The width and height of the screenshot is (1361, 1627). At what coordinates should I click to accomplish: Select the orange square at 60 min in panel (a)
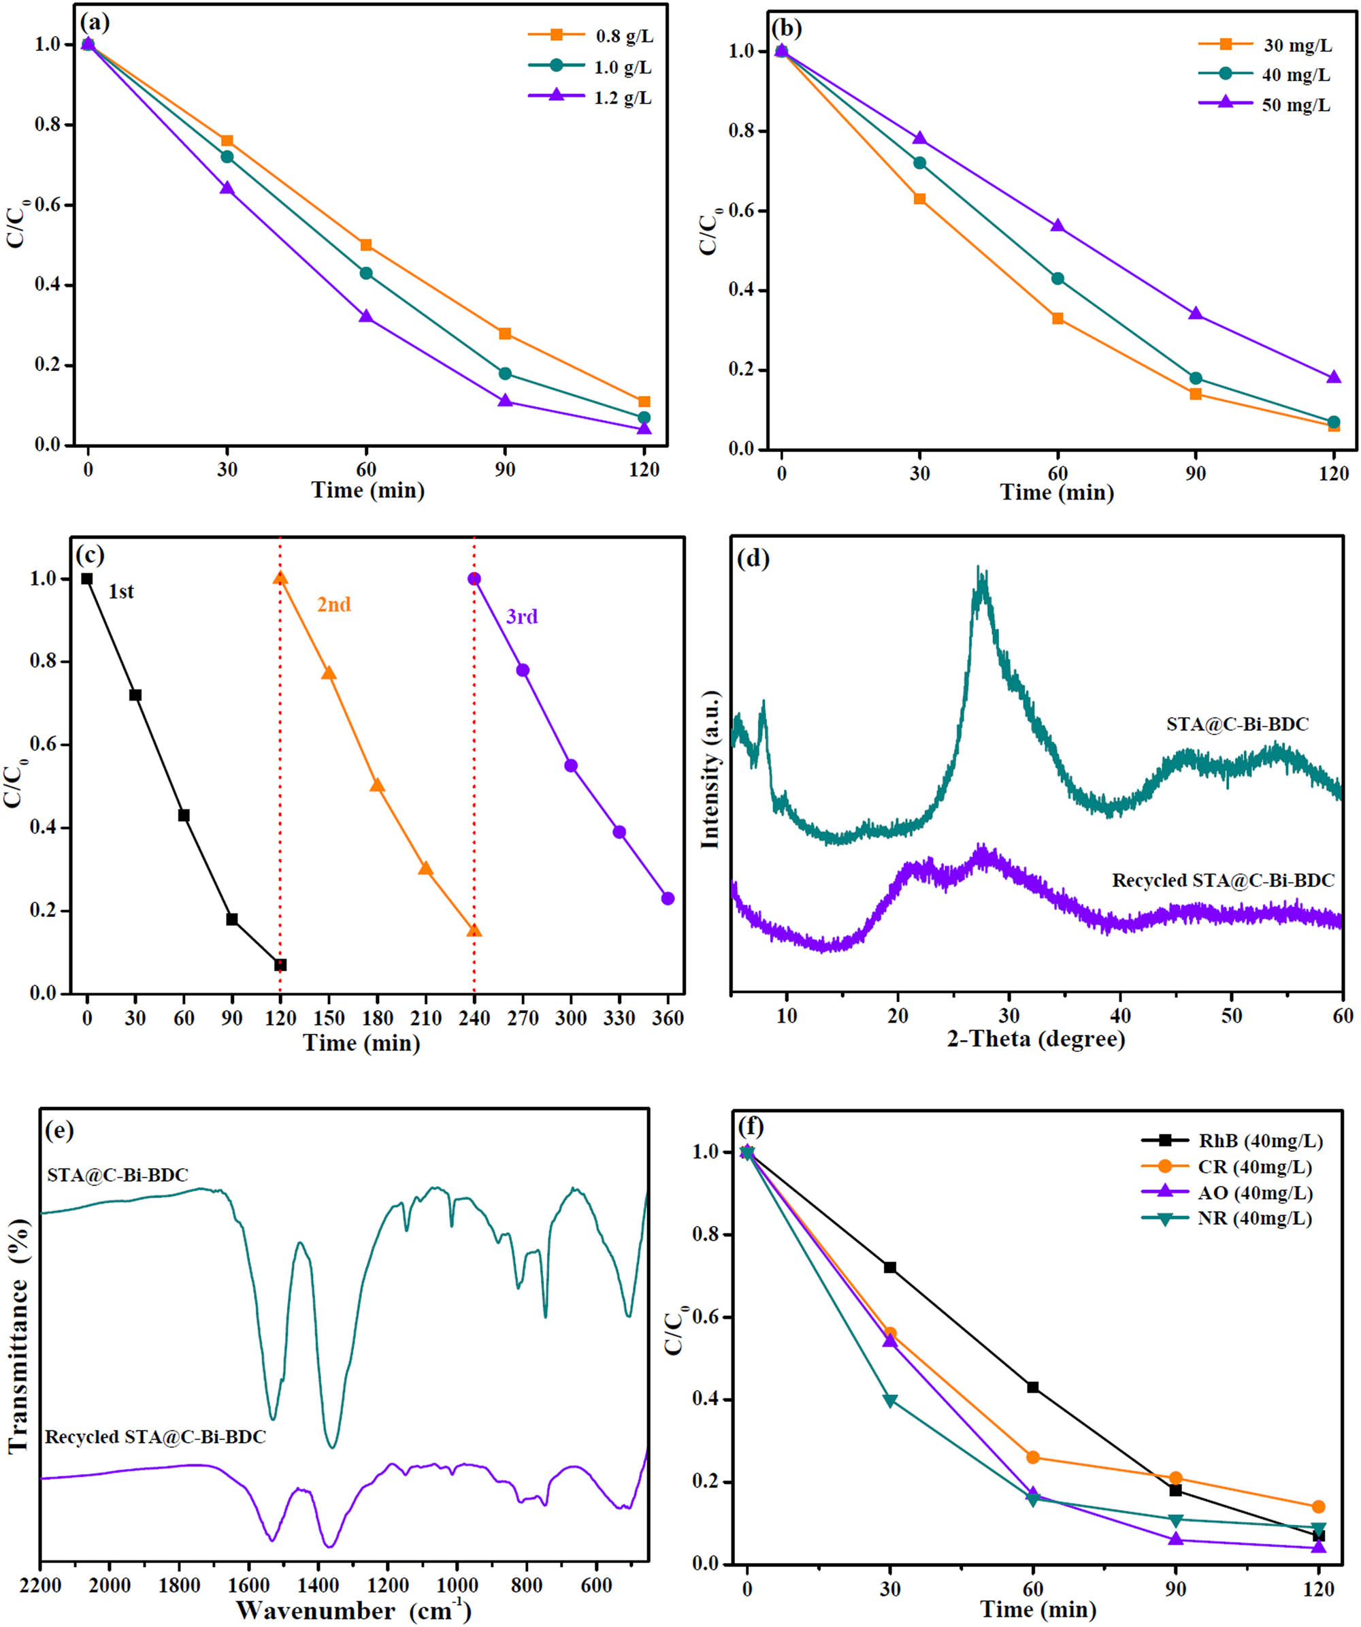coord(365,245)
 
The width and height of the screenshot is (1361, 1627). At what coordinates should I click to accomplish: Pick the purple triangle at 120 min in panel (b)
coord(1334,377)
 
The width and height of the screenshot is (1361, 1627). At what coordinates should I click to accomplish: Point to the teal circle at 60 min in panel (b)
coord(1057,278)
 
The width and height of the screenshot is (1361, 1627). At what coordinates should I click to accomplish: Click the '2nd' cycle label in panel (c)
coord(334,605)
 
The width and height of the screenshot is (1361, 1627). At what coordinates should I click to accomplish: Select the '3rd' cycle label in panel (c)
coord(521,617)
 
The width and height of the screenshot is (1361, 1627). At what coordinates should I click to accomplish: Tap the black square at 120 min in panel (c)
coord(280,965)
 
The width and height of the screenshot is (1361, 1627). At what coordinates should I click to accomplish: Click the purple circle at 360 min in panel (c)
coord(668,899)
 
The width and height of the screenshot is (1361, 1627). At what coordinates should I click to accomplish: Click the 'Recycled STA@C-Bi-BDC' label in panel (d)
coord(1223,881)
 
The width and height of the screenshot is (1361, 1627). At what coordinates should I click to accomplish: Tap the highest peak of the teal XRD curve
coord(980,573)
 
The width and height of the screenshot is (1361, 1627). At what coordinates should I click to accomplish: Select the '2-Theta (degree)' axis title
coord(1036,1038)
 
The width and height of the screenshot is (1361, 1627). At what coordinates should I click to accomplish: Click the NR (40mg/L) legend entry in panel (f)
coord(1255,1218)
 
